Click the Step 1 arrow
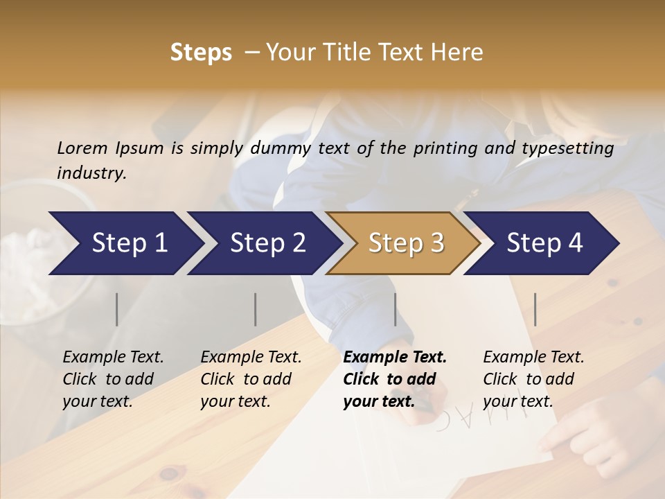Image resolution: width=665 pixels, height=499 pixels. (x=125, y=243)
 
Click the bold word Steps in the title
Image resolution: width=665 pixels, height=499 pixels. (x=201, y=53)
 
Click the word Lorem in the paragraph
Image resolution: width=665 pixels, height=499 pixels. (x=82, y=148)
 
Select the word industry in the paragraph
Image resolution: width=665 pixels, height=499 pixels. (x=91, y=173)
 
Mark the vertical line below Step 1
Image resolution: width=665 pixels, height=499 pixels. (x=117, y=309)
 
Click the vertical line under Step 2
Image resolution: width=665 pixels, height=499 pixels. (x=256, y=309)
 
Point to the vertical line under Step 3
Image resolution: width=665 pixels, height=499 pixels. (x=396, y=309)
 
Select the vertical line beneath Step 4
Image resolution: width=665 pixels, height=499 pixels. (x=535, y=309)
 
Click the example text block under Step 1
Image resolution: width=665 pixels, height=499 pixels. (x=113, y=379)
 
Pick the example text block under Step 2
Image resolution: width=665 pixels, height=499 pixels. (x=251, y=379)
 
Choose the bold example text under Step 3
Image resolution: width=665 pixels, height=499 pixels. (x=395, y=379)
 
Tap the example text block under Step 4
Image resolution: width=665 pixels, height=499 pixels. (x=533, y=379)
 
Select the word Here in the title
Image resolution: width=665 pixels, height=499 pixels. (x=460, y=53)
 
